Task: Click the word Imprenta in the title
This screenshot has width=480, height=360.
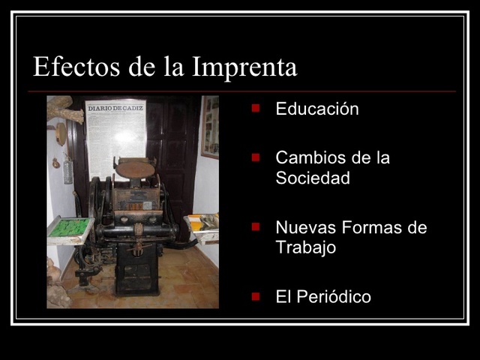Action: coord(244,67)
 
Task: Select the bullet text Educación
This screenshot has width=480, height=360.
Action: coord(317,109)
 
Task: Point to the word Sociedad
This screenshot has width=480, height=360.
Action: coord(313,179)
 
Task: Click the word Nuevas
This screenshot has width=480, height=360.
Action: coord(303,228)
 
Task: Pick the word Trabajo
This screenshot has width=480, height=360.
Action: coord(305,248)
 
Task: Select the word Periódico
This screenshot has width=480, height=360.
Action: coord(333,297)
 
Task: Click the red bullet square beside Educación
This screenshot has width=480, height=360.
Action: coord(256,108)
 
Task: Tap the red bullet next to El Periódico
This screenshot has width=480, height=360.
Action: coord(256,295)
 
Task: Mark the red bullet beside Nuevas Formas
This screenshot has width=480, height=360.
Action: coord(256,226)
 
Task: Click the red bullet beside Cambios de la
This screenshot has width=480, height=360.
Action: coord(256,157)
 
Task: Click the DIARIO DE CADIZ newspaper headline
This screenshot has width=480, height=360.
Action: coord(115,109)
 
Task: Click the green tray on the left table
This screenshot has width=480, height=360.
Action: coord(70,227)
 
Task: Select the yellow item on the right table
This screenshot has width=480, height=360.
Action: coord(196,223)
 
